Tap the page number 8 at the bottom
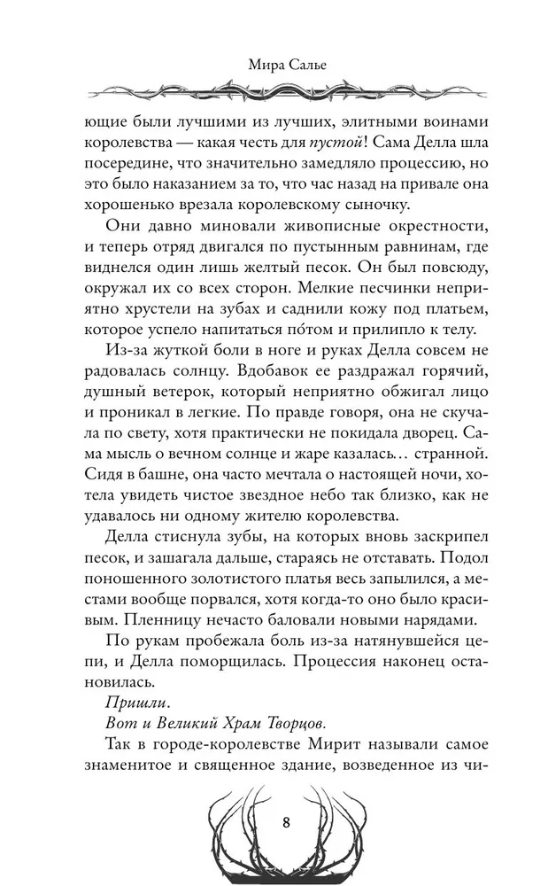285,820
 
